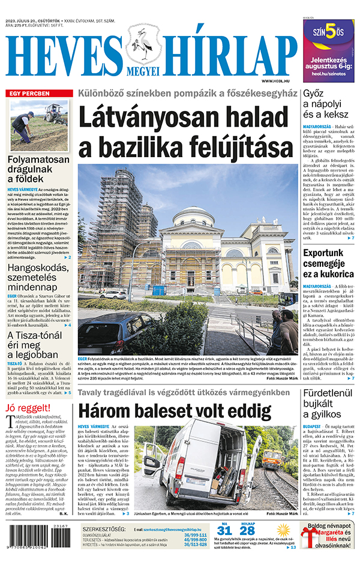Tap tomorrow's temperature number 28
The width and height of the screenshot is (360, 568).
coord(247,531)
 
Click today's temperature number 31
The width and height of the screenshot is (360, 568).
coord(224,531)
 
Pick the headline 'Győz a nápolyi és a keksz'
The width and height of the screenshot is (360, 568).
coord(327,106)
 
